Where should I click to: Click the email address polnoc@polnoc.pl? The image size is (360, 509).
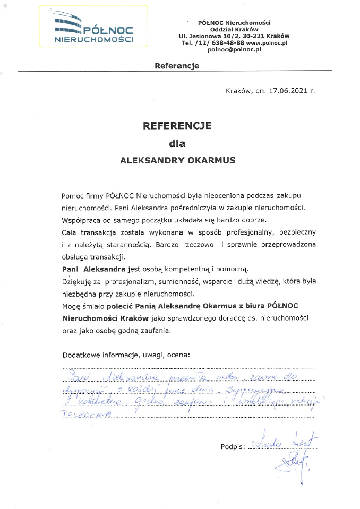[x=234, y=49]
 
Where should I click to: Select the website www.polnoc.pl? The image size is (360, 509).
[x=267, y=42]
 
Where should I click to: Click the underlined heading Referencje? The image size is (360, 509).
[x=177, y=66]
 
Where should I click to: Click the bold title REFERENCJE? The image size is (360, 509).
[x=177, y=126]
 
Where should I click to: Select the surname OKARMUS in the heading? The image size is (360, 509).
[x=208, y=159]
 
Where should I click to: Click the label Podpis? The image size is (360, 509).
[x=232, y=447]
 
